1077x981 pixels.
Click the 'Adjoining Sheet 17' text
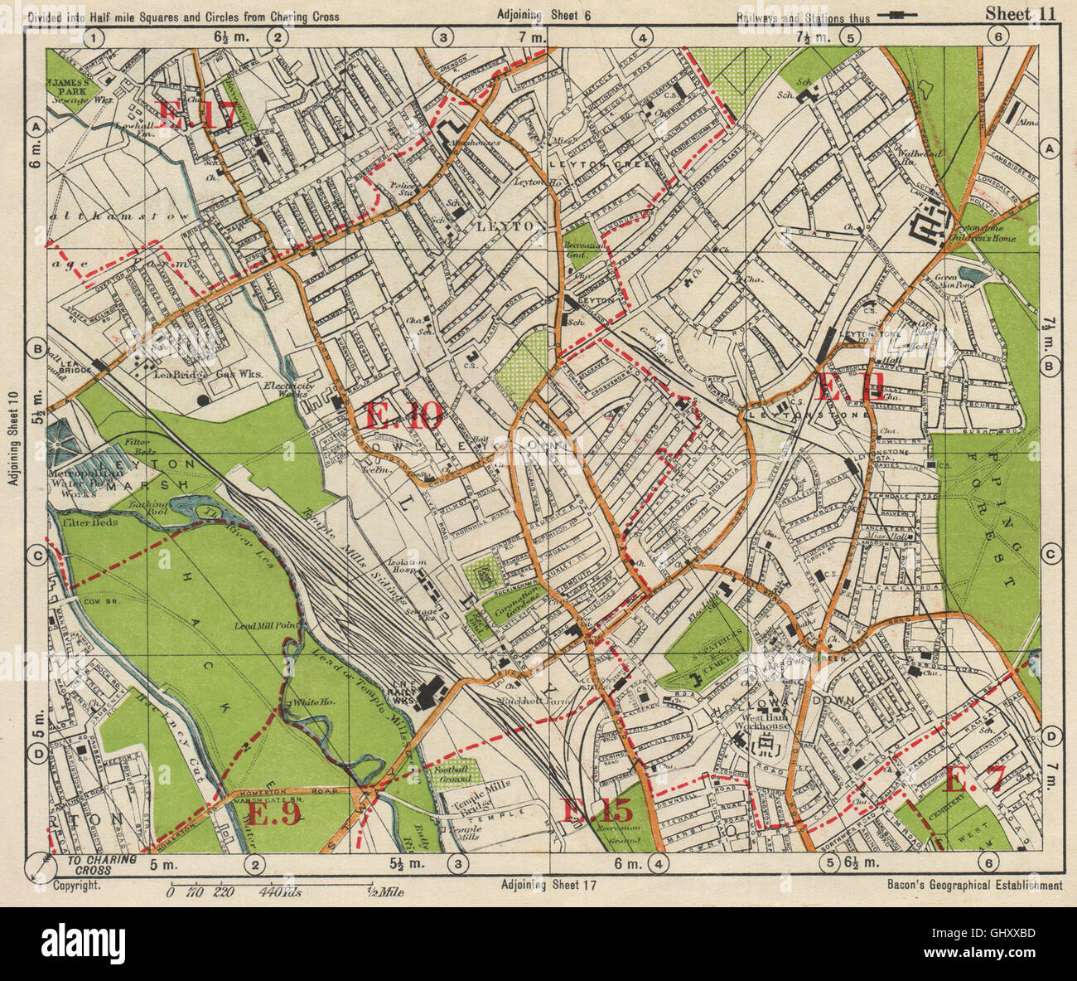click(x=548, y=885)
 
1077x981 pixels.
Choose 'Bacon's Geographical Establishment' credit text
click(x=973, y=885)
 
